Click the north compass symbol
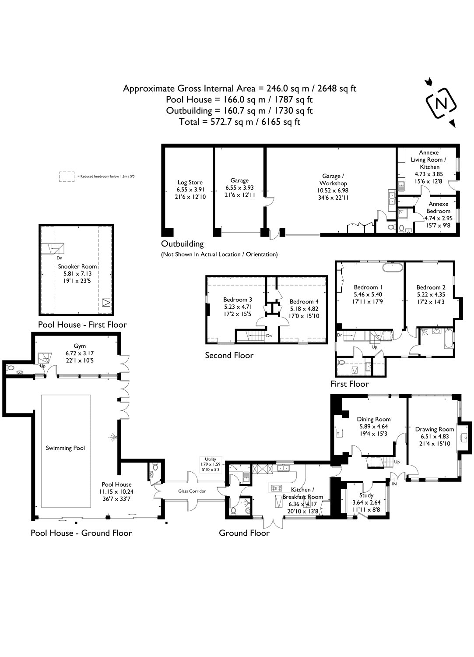[441, 103]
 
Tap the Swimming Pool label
[65, 448]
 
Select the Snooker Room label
[77, 266]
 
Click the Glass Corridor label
[192, 491]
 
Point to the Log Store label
[190, 183]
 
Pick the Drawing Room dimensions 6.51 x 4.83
[435, 437]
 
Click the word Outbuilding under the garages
[183, 244]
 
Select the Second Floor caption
[229, 355]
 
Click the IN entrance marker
[394, 484]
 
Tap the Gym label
[80, 346]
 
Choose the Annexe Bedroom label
[438, 208]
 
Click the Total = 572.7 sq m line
[239, 122]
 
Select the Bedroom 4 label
[304, 301]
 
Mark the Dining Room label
[373, 419]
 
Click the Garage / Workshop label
[333, 180]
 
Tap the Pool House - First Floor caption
[82, 325]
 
